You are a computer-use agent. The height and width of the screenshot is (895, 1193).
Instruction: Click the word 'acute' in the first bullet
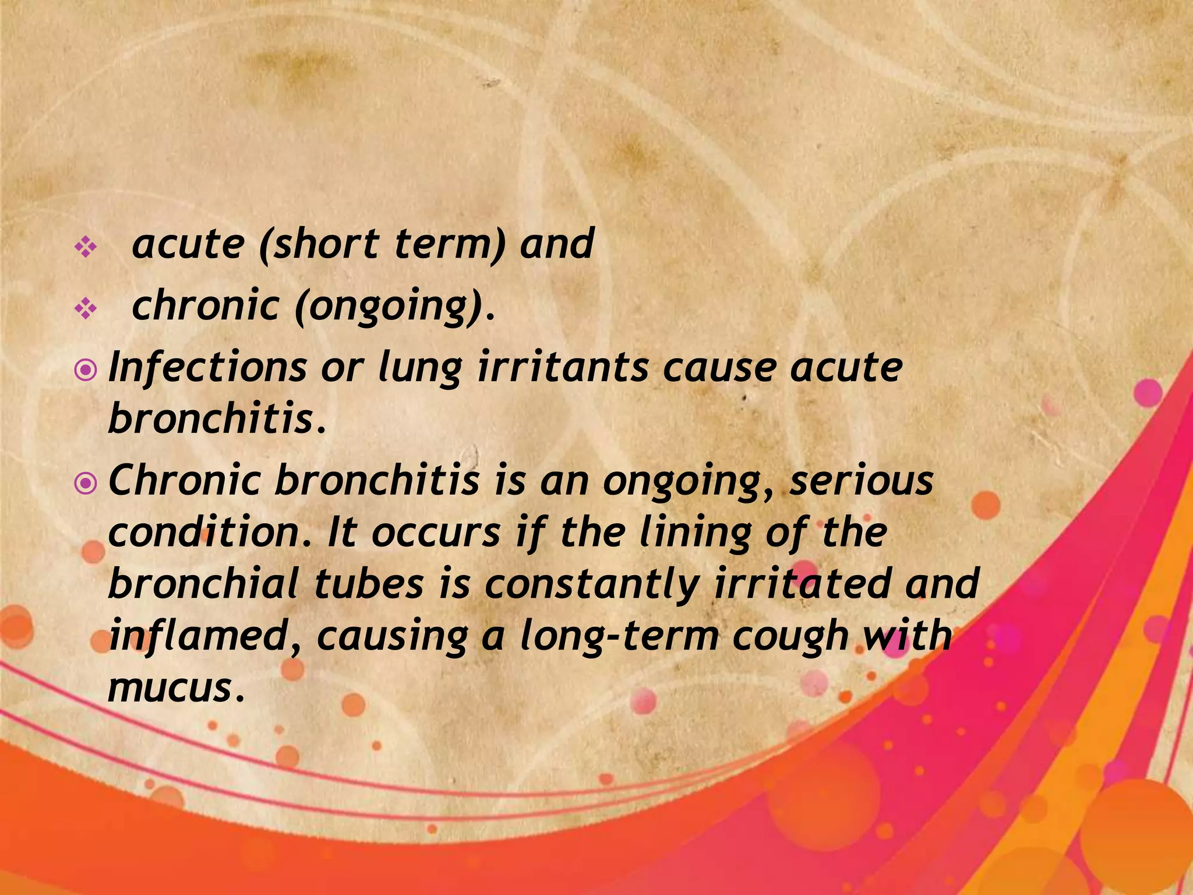point(188,244)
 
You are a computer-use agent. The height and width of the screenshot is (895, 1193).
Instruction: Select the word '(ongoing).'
point(396,307)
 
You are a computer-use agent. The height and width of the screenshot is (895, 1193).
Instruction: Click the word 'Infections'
point(207,368)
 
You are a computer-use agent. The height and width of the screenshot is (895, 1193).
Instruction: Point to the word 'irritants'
point(563,368)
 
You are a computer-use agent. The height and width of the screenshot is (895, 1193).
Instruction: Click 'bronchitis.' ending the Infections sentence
point(217,419)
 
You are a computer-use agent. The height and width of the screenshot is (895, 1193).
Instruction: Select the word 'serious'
point(861,481)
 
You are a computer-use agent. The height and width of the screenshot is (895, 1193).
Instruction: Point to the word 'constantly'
point(591,585)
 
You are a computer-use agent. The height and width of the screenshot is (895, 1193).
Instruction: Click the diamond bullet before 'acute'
point(86,248)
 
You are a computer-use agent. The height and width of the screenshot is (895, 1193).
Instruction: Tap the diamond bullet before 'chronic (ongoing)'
point(86,309)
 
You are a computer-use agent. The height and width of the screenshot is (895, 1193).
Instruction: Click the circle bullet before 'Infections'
point(86,371)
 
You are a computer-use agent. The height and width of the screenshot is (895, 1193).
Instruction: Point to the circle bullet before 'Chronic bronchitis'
point(86,484)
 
